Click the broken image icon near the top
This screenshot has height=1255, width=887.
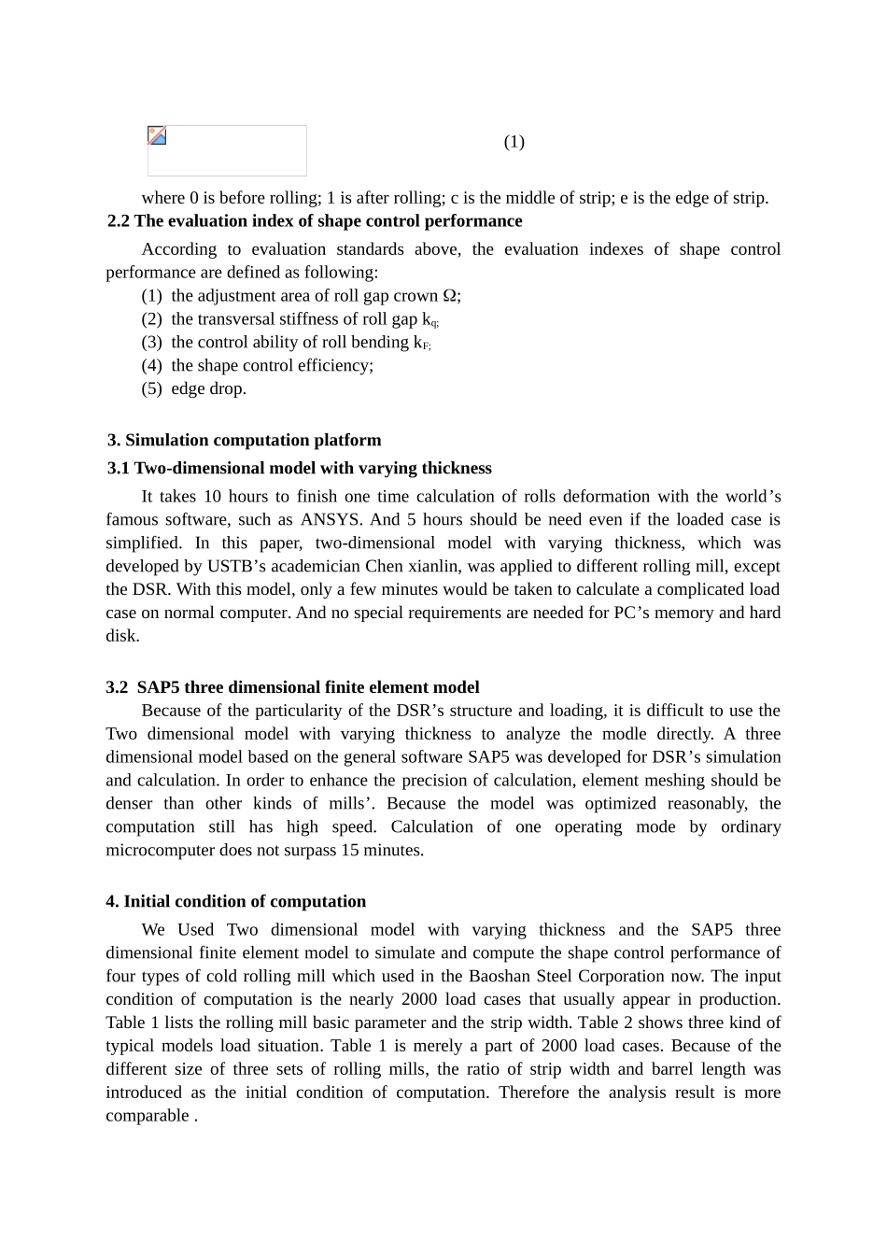(x=157, y=135)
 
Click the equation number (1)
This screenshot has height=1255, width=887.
(x=514, y=142)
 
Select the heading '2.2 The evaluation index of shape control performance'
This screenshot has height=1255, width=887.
(x=315, y=221)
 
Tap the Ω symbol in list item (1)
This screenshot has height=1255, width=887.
(x=448, y=296)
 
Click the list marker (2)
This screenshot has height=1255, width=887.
(x=151, y=319)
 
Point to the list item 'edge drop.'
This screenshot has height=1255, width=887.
(x=208, y=389)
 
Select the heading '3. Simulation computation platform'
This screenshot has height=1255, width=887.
(x=244, y=441)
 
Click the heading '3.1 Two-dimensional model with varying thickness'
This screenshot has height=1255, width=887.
(x=299, y=469)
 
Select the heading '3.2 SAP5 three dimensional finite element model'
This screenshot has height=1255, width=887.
(x=292, y=688)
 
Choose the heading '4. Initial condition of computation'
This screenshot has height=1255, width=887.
(x=235, y=902)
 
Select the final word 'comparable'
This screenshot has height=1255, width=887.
(x=148, y=1117)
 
